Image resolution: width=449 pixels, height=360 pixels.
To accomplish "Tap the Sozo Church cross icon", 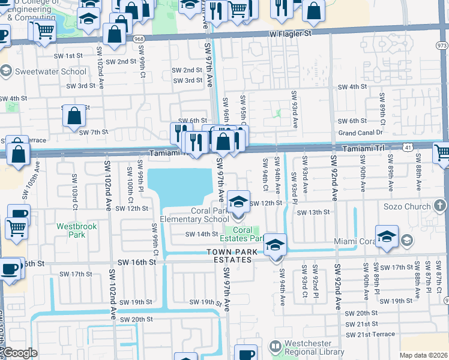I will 439,206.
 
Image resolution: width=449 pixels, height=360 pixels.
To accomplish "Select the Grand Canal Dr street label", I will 360,133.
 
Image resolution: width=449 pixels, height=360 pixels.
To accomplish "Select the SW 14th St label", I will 200,234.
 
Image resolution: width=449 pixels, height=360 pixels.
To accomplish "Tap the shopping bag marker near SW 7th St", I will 73,116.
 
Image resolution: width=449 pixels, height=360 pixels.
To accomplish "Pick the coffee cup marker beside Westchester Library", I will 246,353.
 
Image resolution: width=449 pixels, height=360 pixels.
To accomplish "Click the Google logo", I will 20,353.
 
